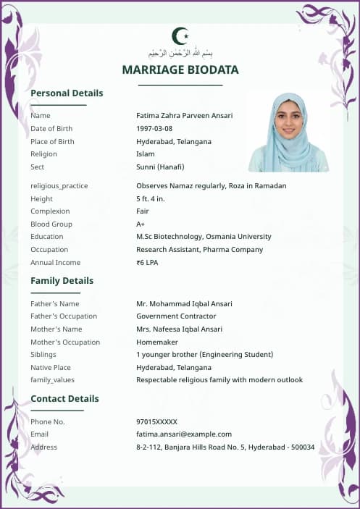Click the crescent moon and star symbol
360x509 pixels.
(180, 35)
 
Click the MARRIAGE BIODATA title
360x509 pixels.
(180, 70)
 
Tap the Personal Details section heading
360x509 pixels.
(67, 93)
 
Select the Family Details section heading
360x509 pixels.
(62, 281)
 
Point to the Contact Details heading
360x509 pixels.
(64, 399)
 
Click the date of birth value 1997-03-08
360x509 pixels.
(154, 129)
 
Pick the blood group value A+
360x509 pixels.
(141, 224)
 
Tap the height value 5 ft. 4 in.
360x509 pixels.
(151, 199)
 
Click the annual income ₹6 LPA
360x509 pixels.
(147, 263)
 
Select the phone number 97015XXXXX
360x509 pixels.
(156, 422)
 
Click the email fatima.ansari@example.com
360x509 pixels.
(183, 434)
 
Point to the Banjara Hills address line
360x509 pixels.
(225, 447)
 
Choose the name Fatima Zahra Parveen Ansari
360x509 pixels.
(184, 116)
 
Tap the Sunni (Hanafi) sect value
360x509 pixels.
(160, 167)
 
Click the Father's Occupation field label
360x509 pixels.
(64, 316)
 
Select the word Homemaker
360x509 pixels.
(156, 342)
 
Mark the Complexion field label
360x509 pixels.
(50, 211)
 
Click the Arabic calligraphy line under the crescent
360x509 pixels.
(180, 53)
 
